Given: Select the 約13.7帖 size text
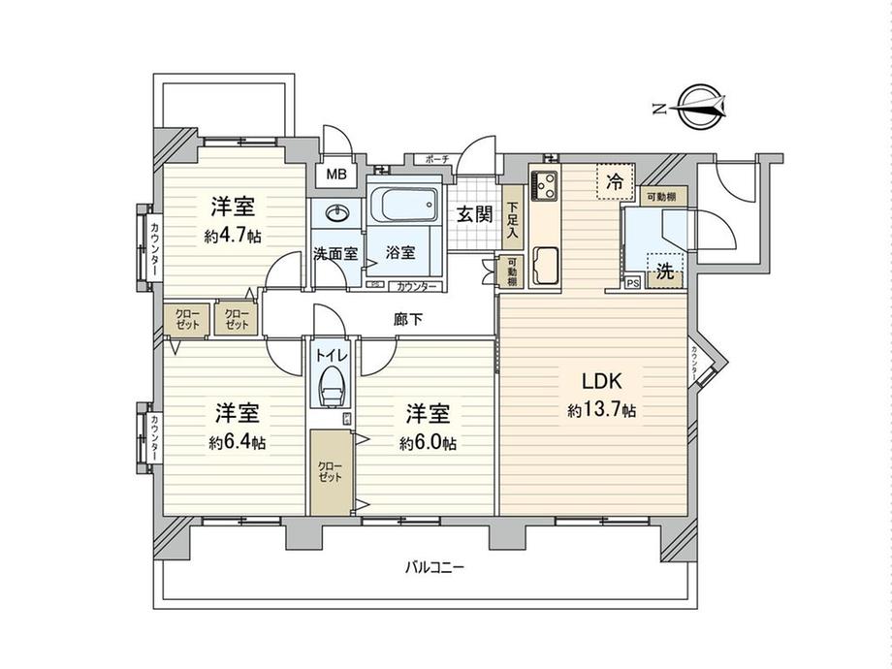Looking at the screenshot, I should tap(601, 411).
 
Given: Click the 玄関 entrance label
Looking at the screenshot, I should tap(473, 213).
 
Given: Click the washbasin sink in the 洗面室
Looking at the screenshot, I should tap(338, 213).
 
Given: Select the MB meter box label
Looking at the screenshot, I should tap(335, 175).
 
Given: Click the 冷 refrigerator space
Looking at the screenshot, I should tap(613, 179).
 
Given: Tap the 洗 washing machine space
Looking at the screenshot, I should tap(666, 272).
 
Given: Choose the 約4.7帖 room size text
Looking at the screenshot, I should tap(233, 236).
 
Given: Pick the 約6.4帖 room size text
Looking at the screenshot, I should tap(237, 442).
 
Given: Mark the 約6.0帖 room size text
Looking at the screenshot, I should tap(427, 442).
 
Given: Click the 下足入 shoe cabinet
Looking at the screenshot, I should tap(511, 220).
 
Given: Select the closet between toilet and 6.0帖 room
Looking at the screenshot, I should tap(331, 472).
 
